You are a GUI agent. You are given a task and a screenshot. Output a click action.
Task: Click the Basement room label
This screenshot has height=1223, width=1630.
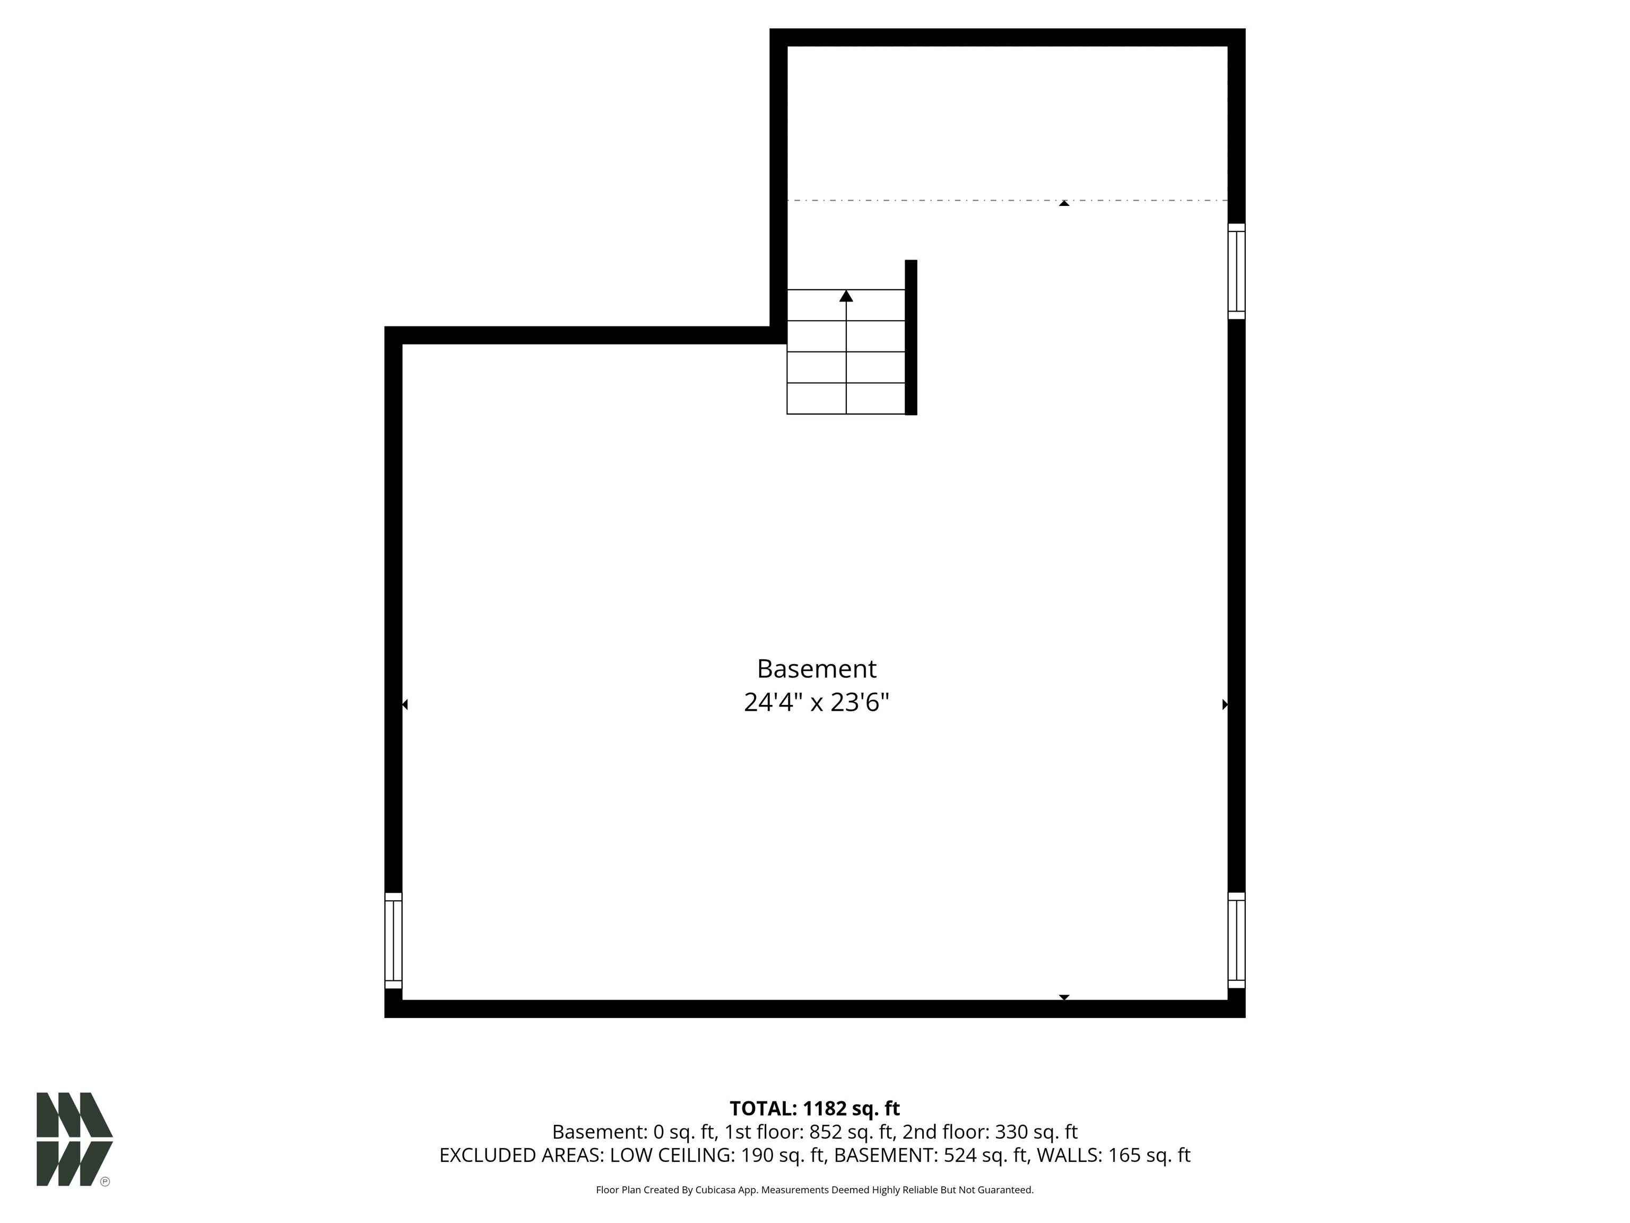pyautogui.click(x=817, y=669)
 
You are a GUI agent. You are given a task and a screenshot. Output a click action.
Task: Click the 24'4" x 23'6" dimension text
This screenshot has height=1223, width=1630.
pyautogui.click(x=817, y=703)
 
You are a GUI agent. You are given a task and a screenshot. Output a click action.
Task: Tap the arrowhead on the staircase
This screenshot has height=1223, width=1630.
pyautogui.click(x=846, y=296)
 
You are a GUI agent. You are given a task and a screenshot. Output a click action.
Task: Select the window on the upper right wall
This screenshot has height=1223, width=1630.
pyautogui.click(x=1236, y=271)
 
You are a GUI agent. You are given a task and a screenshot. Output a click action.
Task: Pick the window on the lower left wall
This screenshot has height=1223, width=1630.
pyautogui.click(x=394, y=940)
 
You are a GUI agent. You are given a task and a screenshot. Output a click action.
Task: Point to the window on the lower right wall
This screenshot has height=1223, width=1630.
pyautogui.click(x=1236, y=940)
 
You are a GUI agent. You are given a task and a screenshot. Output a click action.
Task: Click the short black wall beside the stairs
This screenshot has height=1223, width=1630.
pyautogui.click(x=911, y=338)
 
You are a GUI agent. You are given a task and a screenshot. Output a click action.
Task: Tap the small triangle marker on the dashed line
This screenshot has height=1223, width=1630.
pyautogui.click(x=1063, y=203)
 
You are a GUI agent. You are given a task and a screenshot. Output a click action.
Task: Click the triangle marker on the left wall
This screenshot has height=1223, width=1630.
pyautogui.click(x=404, y=705)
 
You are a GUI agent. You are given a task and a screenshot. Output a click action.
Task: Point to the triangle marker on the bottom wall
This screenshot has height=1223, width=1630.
pyautogui.click(x=1063, y=997)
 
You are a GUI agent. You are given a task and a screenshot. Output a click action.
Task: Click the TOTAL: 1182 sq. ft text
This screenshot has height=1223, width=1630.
pyautogui.click(x=814, y=1109)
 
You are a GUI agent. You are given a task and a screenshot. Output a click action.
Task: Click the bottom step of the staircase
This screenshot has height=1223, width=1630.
pyautogui.click(x=846, y=398)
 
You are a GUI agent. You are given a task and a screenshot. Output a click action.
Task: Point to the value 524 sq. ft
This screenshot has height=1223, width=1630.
pyautogui.click(x=985, y=1155)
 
